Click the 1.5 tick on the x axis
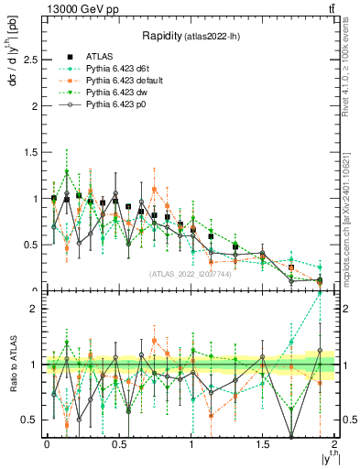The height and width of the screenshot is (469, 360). pos(263,444)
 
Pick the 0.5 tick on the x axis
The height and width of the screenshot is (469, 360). pos(119,444)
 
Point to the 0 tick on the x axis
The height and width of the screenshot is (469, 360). pos(47,444)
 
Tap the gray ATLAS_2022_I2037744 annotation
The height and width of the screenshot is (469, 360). pos(191,274)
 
